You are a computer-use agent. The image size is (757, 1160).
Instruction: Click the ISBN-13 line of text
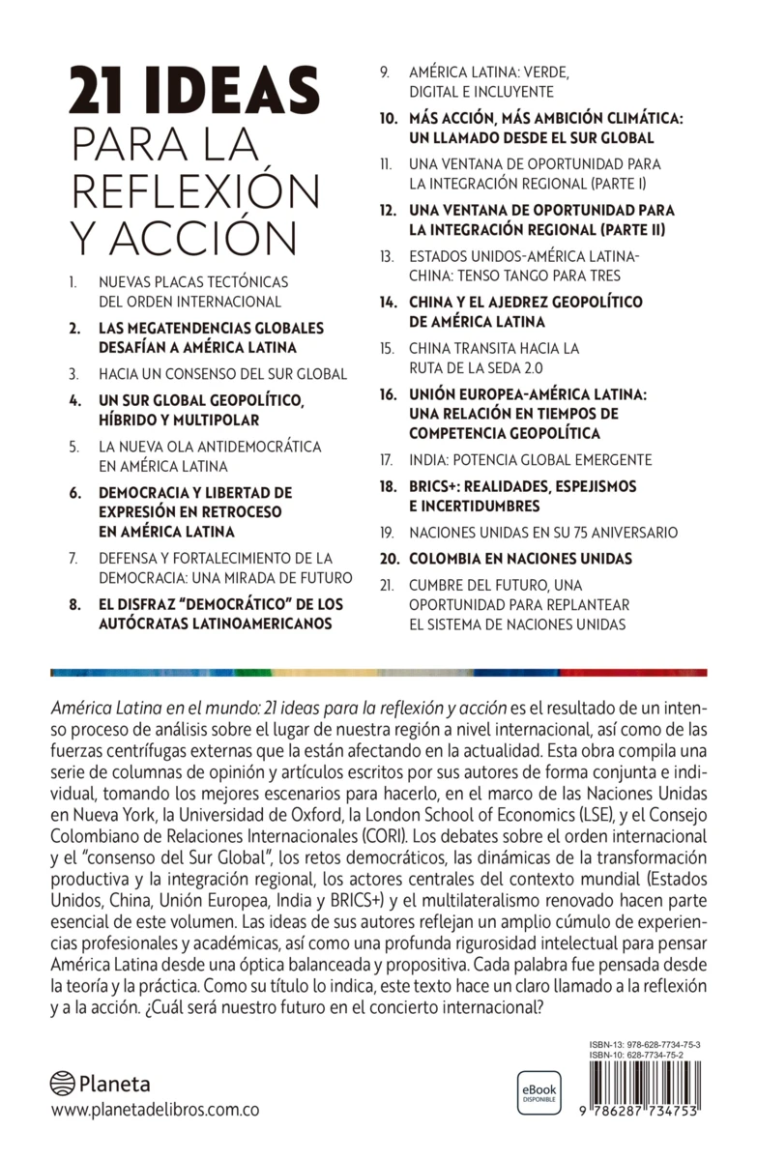[644, 1047]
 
